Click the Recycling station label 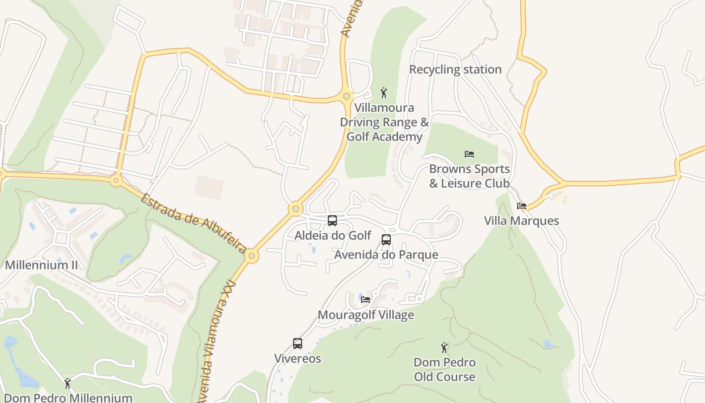(x=455, y=70)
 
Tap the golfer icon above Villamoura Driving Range (x=384, y=93)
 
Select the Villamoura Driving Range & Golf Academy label (x=384, y=122)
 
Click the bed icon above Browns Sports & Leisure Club (x=469, y=154)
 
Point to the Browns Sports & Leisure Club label (x=469, y=176)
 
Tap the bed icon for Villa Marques (x=522, y=206)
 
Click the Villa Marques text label (x=521, y=221)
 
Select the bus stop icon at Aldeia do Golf (x=332, y=221)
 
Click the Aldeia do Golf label (x=332, y=235)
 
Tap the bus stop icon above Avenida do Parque (x=386, y=240)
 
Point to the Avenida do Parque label (x=386, y=254)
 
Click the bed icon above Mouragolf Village (x=366, y=300)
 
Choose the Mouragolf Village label (x=366, y=315)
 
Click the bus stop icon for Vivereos (x=298, y=344)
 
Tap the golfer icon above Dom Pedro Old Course (x=444, y=348)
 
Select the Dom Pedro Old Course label (x=444, y=369)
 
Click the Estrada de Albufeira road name (x=193, y=223)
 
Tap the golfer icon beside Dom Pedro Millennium (x=67, y=383)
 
